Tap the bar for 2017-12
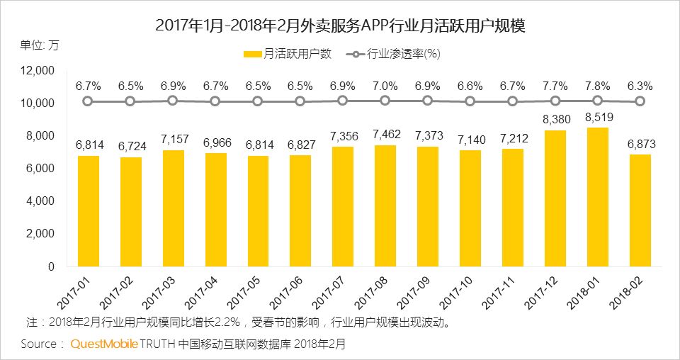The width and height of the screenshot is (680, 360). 555,198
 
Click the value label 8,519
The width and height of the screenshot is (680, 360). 597,118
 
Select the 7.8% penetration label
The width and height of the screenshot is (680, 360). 597,86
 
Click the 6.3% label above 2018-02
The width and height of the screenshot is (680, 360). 640,86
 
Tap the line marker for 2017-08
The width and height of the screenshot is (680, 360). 385,101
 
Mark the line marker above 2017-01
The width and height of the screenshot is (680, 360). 87,101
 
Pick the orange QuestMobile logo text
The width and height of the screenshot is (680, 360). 103,344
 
